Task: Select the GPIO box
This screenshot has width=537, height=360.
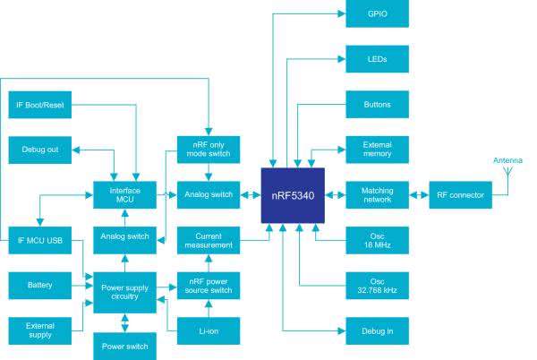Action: [377, 16]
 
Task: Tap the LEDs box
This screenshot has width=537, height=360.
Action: [377, 60]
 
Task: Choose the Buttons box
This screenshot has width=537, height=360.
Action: [377, 105]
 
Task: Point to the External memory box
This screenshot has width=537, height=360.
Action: [377, 149]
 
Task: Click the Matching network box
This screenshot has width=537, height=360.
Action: [377, 193]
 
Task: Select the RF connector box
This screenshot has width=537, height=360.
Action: [460, 193]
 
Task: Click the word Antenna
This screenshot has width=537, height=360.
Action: [507, 161]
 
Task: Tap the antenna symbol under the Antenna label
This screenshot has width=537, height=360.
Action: [507, 170]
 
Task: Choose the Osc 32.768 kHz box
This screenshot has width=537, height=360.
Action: [377, 285]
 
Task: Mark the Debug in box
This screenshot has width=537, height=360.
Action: [377, 331]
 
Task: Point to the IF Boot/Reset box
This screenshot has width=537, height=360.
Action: [39, 105]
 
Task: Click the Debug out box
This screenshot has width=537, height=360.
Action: [39, 149]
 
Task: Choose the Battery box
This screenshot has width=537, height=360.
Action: [39, 286]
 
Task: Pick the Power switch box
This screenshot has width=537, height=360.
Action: [124, 345]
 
